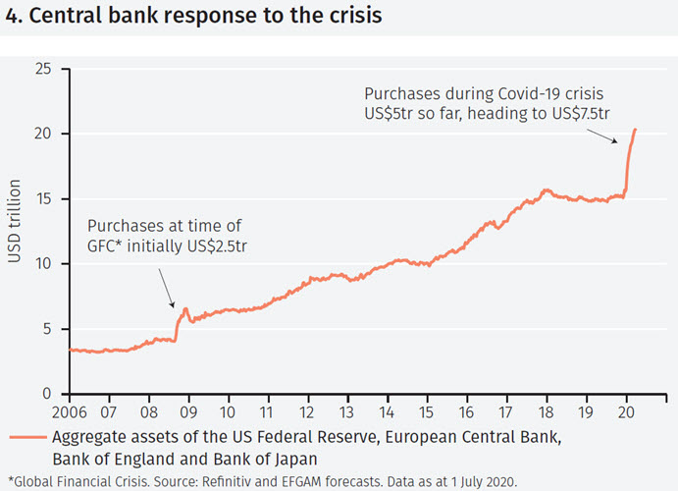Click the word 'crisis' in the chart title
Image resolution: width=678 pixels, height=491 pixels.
[350, 17]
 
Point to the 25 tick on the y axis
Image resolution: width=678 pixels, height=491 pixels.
[43, 69]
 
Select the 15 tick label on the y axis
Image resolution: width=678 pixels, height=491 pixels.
[43, 198]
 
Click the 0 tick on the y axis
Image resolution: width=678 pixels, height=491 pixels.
[48, 394]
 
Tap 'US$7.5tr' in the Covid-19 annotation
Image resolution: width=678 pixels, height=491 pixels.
[581, 115]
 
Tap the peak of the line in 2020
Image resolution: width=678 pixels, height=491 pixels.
[635, 129]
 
